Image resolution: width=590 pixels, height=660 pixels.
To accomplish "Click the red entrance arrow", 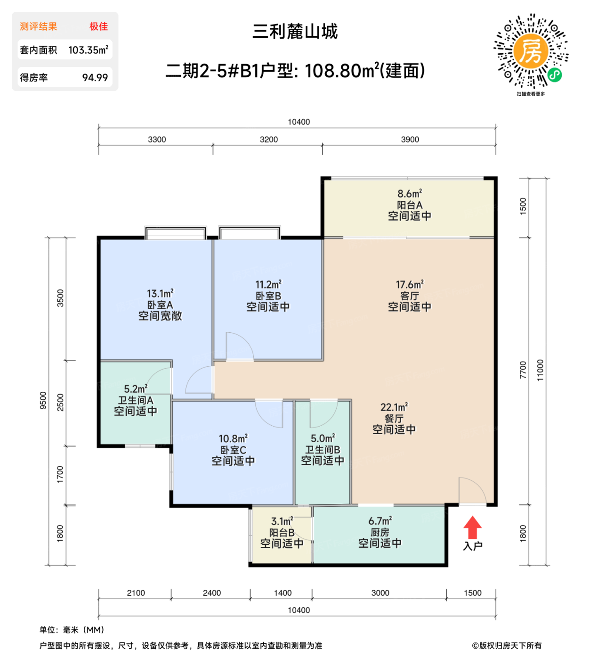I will click(x=472, y=527).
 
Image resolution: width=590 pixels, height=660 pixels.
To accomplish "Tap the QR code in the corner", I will click(x=531, y=51).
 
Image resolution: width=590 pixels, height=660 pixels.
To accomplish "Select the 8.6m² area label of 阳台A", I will click(x=409, y=194).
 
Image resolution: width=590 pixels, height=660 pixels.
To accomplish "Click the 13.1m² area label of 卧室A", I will click(x=160, y=294).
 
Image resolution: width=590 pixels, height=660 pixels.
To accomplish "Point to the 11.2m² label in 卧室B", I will click(x=268, y=285).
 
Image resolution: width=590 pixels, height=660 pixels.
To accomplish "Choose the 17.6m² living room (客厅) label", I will click(x=409, y=285).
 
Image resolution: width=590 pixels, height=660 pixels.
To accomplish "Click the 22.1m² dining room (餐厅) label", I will click(x=394, y=407).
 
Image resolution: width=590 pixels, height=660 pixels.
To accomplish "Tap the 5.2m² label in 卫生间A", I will click(x=136, y=389).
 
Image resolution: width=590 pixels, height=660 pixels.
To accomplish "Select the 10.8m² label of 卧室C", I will click(x=233, y=439).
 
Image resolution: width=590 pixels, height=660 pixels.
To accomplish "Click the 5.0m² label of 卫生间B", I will click(x=323, y=438).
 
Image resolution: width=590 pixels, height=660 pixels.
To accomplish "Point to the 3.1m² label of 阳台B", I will click(x=282, y=521).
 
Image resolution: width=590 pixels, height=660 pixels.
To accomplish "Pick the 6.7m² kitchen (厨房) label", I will click(x=380, y=521).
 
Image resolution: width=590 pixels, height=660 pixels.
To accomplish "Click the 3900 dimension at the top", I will click(x=410, y=140).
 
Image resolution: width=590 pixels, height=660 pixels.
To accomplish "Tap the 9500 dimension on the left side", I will click(x=43, y=400).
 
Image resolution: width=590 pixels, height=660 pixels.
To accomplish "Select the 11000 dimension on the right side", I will click(x=540, y=370).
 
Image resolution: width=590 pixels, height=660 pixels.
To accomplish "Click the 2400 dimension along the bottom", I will click(x=211, y=593).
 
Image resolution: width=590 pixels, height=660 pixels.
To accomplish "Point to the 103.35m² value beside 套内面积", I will click(x=88, y=50).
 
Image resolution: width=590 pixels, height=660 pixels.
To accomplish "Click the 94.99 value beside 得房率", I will click(x=95, y=78).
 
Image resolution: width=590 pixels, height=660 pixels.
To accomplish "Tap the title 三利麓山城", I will click(x=295, y=32).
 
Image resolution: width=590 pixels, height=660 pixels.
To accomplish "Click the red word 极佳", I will click(x=98, y=26).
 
